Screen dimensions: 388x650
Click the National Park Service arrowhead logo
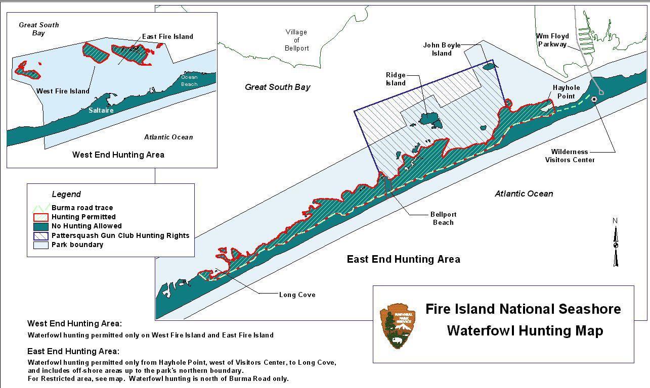click(398, 325)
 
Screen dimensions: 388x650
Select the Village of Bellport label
click(296, 40)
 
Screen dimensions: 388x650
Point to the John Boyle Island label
click(442, 49)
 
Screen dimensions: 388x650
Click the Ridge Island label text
click(396, 79)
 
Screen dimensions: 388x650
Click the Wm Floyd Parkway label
click(552, 40)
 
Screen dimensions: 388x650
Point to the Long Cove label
click(297, 295)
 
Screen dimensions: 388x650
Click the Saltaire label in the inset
click(101, 110)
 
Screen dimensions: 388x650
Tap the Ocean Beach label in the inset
click(189, 81)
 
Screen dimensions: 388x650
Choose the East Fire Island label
click(167, 36)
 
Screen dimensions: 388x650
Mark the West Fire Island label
click(63, 91)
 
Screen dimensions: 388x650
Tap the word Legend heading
click(66, 194)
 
